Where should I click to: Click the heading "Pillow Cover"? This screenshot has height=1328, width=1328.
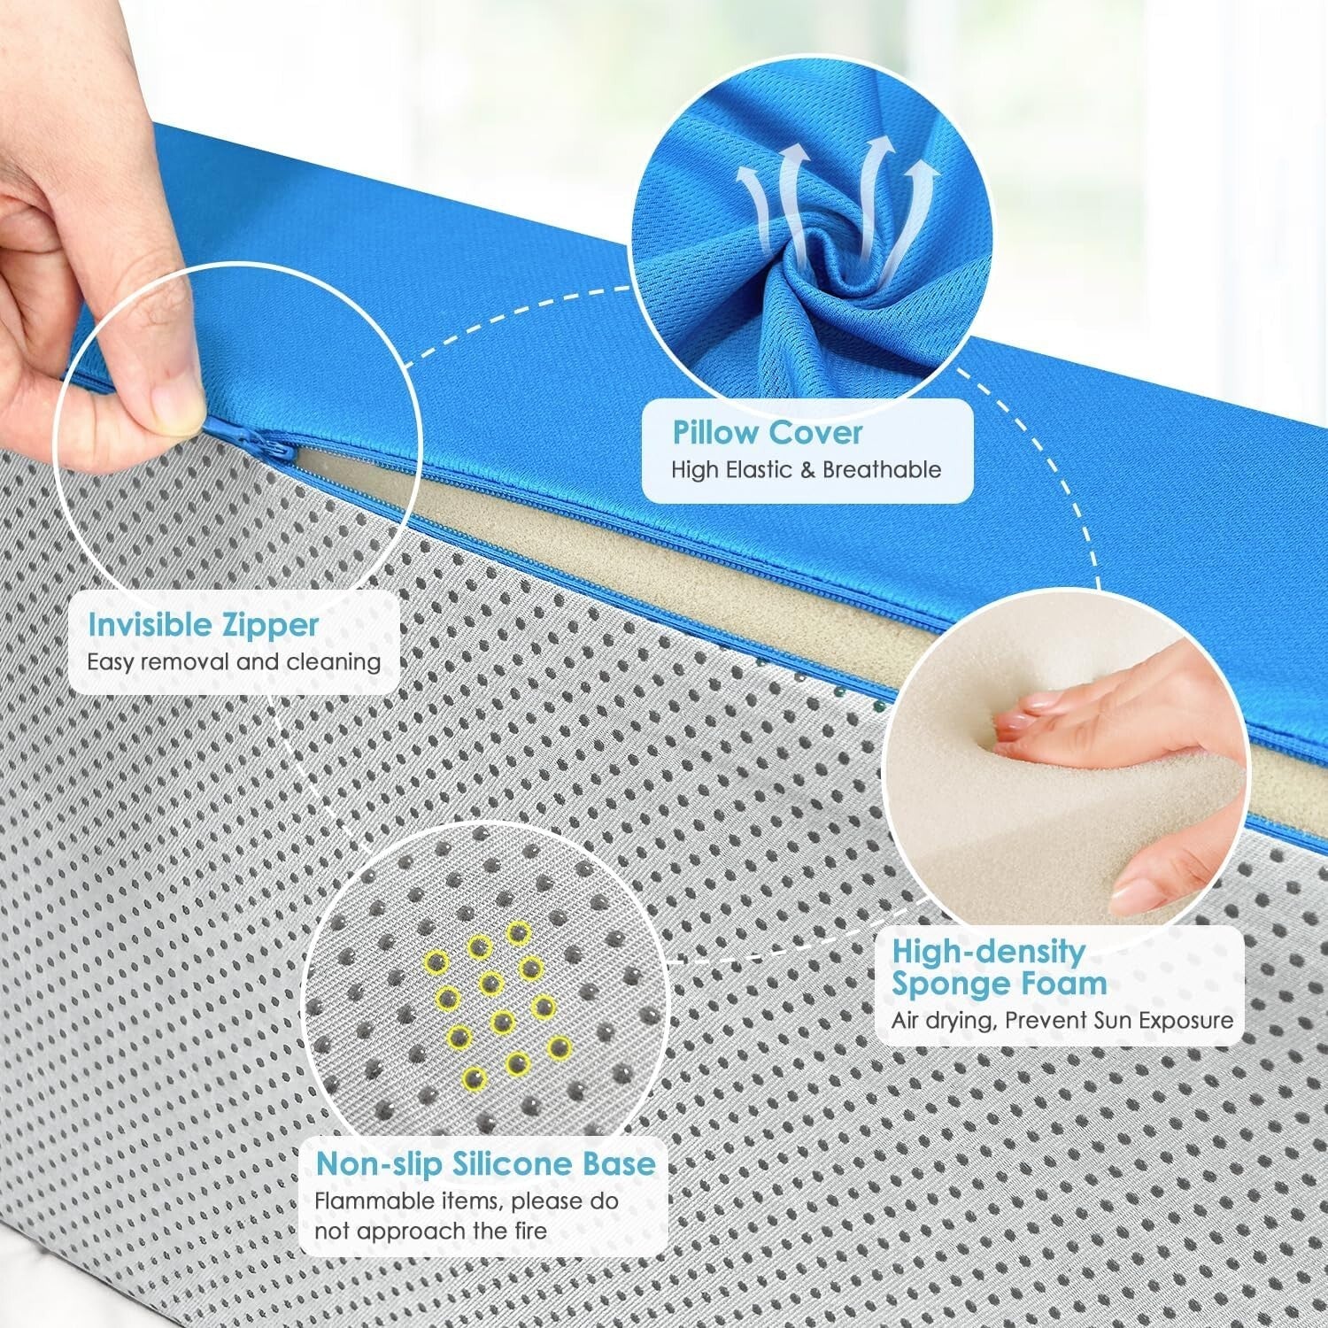tap(767, 433)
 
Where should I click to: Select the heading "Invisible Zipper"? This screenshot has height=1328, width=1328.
tap(203, 625)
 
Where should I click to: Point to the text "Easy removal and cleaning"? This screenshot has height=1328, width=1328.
tap(234, 662)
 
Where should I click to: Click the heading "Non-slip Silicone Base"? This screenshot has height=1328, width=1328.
tap(486, 1163)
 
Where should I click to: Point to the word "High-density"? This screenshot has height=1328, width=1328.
tap(988, 952)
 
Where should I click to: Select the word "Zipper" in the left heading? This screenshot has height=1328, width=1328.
tap(267, 625)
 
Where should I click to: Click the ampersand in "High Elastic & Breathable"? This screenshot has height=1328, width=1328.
tap(807, 469)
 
